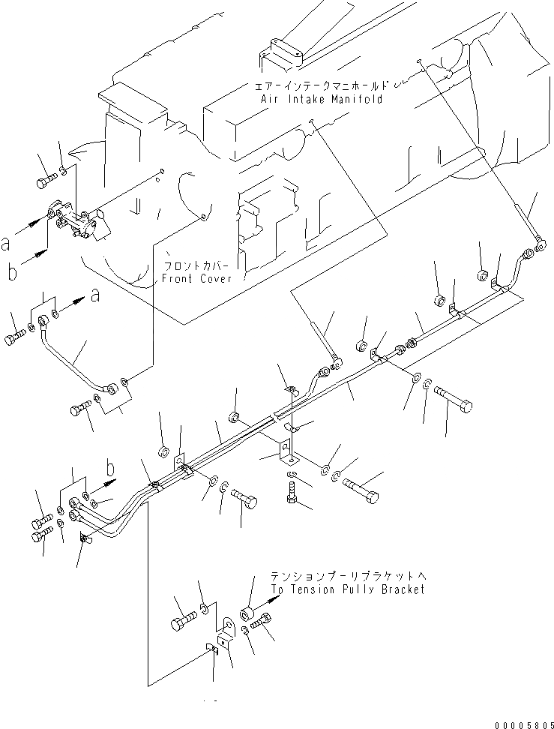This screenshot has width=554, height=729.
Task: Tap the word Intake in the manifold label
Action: [304, 99]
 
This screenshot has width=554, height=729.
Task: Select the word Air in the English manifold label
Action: [269, 99]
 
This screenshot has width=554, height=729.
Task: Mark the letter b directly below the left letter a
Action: [11, 272]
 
